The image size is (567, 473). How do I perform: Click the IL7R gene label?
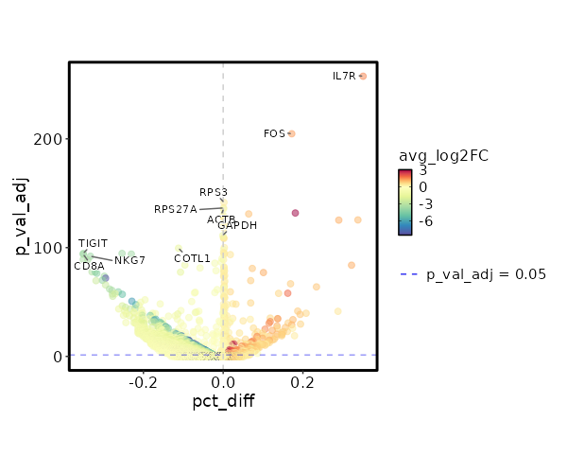click(344, 76)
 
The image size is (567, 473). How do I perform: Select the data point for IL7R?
click(363, 76)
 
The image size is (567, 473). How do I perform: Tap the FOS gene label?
click(274, 134)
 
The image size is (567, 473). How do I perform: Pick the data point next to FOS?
click(291, 133)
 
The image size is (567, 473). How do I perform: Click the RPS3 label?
click(214, 193)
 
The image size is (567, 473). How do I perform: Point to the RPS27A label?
click(176, 209)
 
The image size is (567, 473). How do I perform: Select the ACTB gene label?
click(221, 219)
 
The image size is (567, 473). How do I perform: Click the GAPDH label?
click(237, 226)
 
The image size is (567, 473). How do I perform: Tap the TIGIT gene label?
click(93, 244)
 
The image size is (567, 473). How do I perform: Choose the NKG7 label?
click(130, 260)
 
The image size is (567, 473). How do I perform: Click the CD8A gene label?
click(89, 267)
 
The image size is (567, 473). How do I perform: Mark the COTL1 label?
click(193, 258)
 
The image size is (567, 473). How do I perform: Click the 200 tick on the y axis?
click(49, 139)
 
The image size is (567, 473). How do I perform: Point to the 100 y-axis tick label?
click(49, 248)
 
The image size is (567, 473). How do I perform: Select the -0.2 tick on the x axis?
click(143, 382)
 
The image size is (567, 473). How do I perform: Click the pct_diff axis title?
click(223, 401)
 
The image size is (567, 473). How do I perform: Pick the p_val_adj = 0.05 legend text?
click(487, 274)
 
